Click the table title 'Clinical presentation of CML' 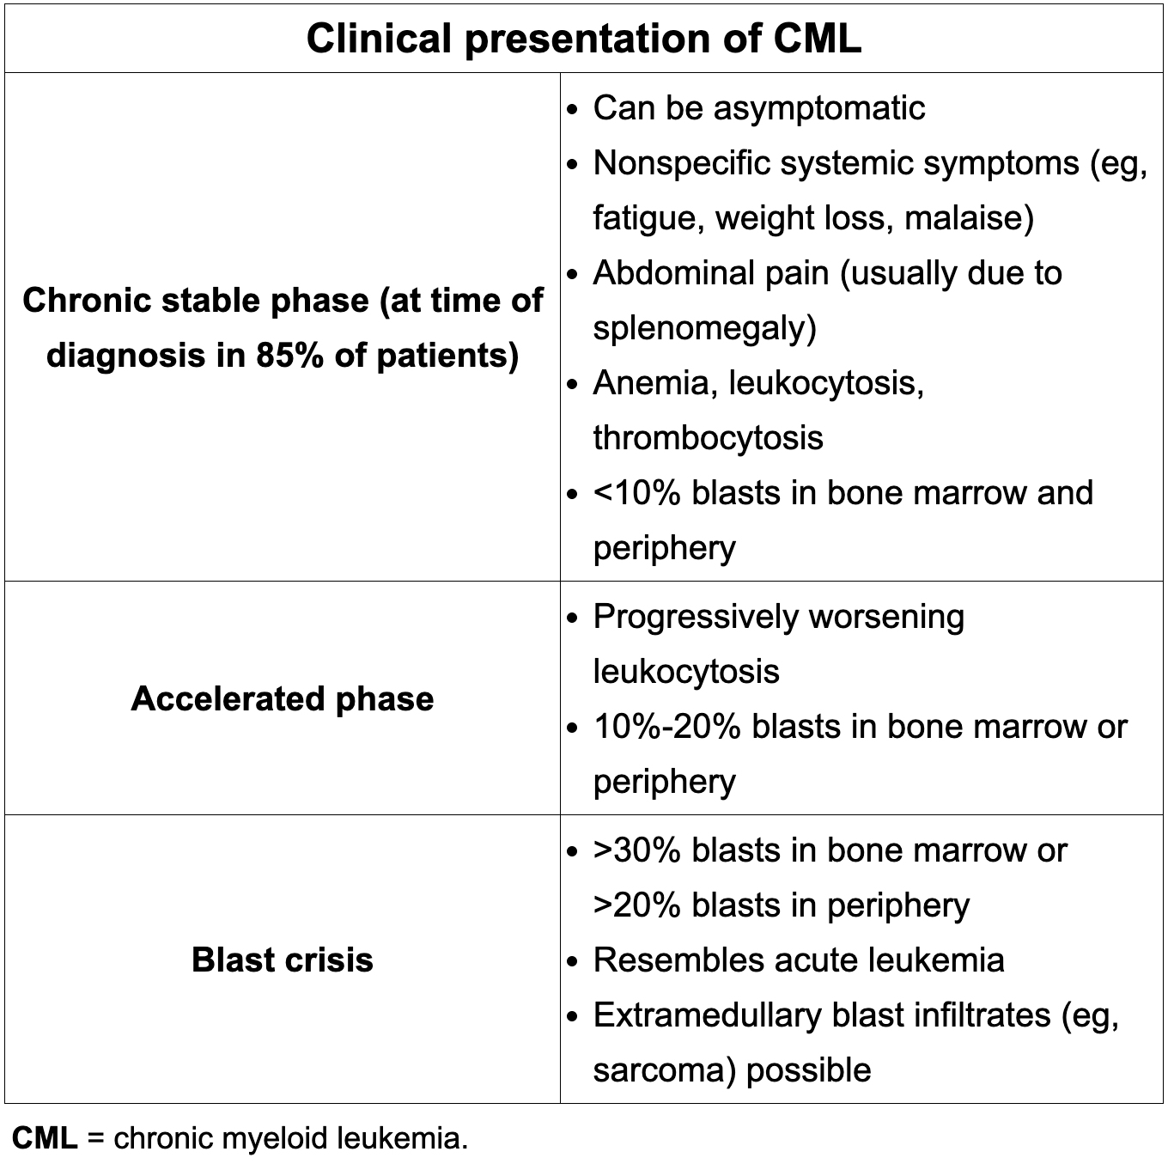coord(583,39)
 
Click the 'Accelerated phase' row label coord(283,698)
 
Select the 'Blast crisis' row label coord(283,960)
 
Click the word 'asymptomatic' coord(819,108)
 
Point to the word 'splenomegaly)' coord(704,328)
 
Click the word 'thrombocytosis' coord(708,438)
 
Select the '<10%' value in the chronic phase coord(637,493)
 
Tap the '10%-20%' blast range coord(666,727)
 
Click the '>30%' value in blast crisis coord(637,850)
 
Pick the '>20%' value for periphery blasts coord(637,905)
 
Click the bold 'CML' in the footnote coord(45,1138)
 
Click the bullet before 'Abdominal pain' coord(574,275)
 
